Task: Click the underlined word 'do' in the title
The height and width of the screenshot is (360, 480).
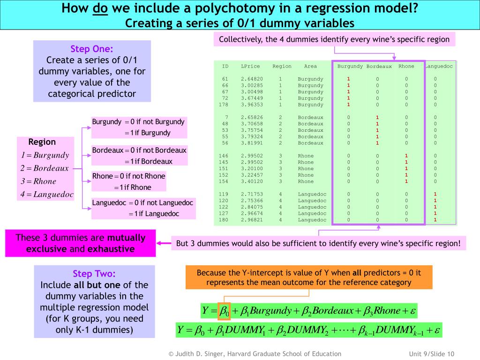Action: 101,8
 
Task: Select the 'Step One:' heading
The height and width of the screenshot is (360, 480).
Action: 92,49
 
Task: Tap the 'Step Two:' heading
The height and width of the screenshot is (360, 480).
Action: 94,274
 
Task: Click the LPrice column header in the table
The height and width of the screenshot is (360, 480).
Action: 250,67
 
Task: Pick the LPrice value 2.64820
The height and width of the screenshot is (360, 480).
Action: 252,79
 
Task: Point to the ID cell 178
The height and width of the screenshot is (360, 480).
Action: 224,105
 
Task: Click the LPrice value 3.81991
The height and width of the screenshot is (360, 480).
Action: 252,143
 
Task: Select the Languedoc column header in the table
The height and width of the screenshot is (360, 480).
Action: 439,67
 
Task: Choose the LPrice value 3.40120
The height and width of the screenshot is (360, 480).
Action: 252,181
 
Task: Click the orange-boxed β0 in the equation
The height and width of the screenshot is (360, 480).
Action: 224,311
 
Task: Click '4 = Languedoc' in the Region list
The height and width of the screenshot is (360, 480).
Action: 47,195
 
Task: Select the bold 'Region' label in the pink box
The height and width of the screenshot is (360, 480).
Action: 42,142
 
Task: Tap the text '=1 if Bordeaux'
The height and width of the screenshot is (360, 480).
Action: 149,162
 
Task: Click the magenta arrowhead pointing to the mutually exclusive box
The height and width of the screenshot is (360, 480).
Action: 159,243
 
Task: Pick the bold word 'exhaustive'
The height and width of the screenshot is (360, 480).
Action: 111,249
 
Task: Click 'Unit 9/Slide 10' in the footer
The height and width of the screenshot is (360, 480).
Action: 425,354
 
